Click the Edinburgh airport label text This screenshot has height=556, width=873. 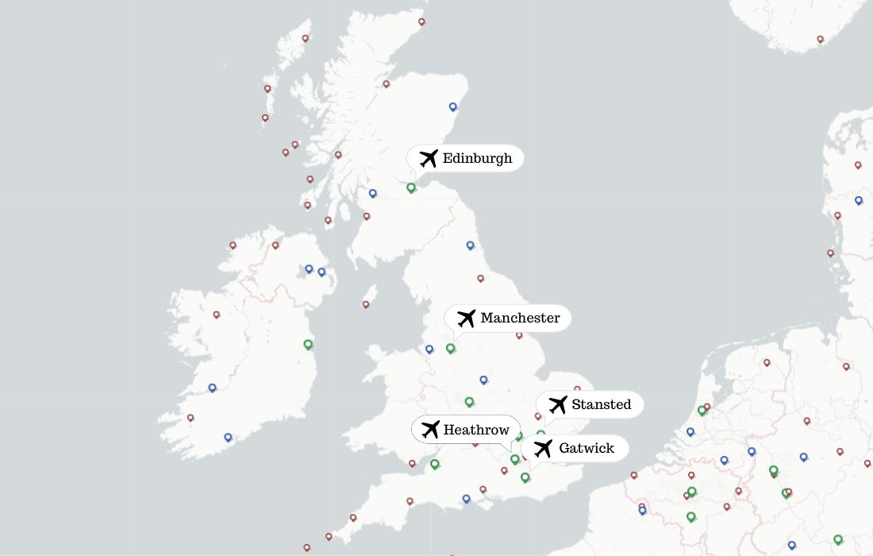[x=477, y=158]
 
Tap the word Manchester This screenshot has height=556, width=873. [x=520, y=318]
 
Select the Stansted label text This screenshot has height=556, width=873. [x=601, y=404]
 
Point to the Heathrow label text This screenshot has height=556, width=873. [x=476, y=430]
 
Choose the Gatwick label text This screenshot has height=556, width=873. [x=586, y=448]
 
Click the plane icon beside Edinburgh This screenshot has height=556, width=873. [x=428, y=158]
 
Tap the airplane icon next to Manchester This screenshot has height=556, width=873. [x=466, y=319]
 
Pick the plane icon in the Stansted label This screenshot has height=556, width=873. [x=557, y=404]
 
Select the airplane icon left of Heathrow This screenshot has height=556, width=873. [x=430, y=430]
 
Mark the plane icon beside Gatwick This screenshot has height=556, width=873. [x=543, y=449]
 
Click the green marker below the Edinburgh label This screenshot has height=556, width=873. [x=411, y=187]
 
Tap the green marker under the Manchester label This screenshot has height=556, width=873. [x=451, y=348]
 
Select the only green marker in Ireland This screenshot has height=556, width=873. [x=308, y=344]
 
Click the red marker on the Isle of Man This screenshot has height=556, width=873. [x=366, y=303]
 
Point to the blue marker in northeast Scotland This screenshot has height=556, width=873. [x=453, y=106]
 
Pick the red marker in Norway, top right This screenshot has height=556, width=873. [x=821, y=39]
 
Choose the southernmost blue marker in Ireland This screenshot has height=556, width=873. [x=228, y=437]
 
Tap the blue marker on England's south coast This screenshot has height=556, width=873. [x=466, y=499]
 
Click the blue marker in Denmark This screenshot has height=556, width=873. [x=859, y=200]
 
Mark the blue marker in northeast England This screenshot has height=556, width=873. [x=470, y=245]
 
